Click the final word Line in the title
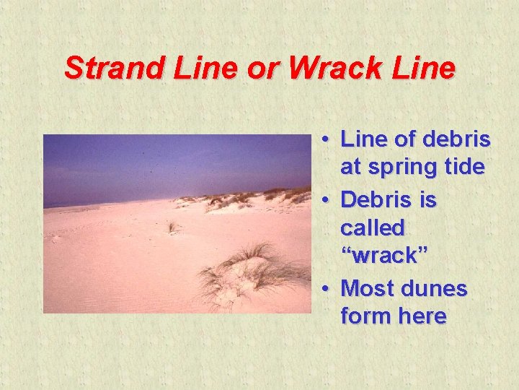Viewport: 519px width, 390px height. point(425,69)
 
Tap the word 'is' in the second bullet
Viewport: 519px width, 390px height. point(428,198)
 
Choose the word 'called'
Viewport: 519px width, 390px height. point(373,228)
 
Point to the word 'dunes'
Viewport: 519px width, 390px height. point(435,289)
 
